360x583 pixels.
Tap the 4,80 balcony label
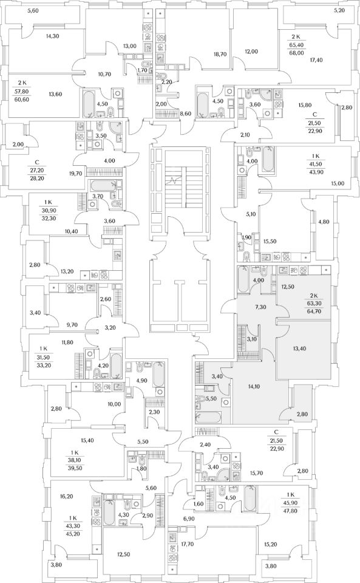click(324, 222)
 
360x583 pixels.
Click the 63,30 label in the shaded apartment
click(314, 303)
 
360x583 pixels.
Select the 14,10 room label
click(253, 386)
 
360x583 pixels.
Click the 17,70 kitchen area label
click(188, 534)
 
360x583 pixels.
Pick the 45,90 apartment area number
click(291, 502)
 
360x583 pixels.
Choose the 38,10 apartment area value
click(75, 460)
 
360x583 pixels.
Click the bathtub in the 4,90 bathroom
click(158, 374)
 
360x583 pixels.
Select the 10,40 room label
click(71, 231)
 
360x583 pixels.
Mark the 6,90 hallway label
click(188, 518)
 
